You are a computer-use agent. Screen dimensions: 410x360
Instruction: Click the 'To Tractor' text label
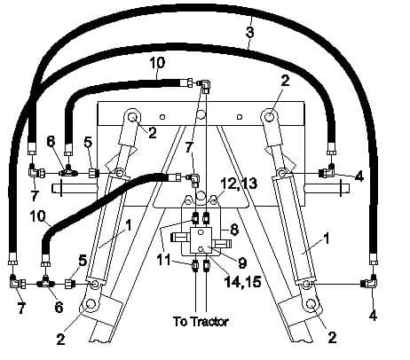tap(201, 322)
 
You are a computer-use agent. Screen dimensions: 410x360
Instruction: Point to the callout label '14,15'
tap(243, 282)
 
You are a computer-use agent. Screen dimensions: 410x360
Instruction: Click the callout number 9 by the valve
tap(242, 262)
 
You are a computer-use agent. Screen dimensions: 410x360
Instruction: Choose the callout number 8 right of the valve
tap(234, 230)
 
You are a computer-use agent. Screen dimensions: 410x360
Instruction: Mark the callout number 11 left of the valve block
tap(164, 260)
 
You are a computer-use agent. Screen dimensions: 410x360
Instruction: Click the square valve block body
tap(201, 240)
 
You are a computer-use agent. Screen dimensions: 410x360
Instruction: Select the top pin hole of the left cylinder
tap(133, 116)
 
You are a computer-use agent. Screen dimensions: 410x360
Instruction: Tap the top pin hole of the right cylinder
tap(269, 117)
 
